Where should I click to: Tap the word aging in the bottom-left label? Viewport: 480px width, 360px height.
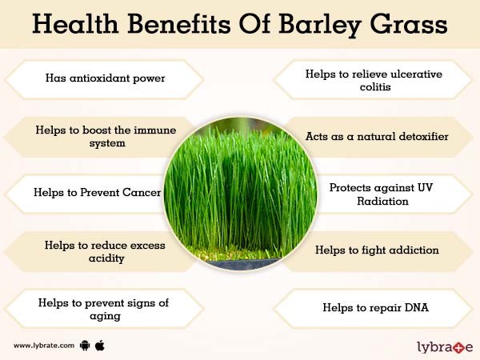click(x=105, y=315)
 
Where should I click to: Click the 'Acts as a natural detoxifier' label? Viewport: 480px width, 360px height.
click(x=377, y=137)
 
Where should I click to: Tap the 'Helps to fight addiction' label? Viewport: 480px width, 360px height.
click(x=377, y=250)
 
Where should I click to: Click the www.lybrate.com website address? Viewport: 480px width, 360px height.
click(x=44, y=346)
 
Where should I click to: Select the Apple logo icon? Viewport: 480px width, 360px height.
click(x=101, y=345)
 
